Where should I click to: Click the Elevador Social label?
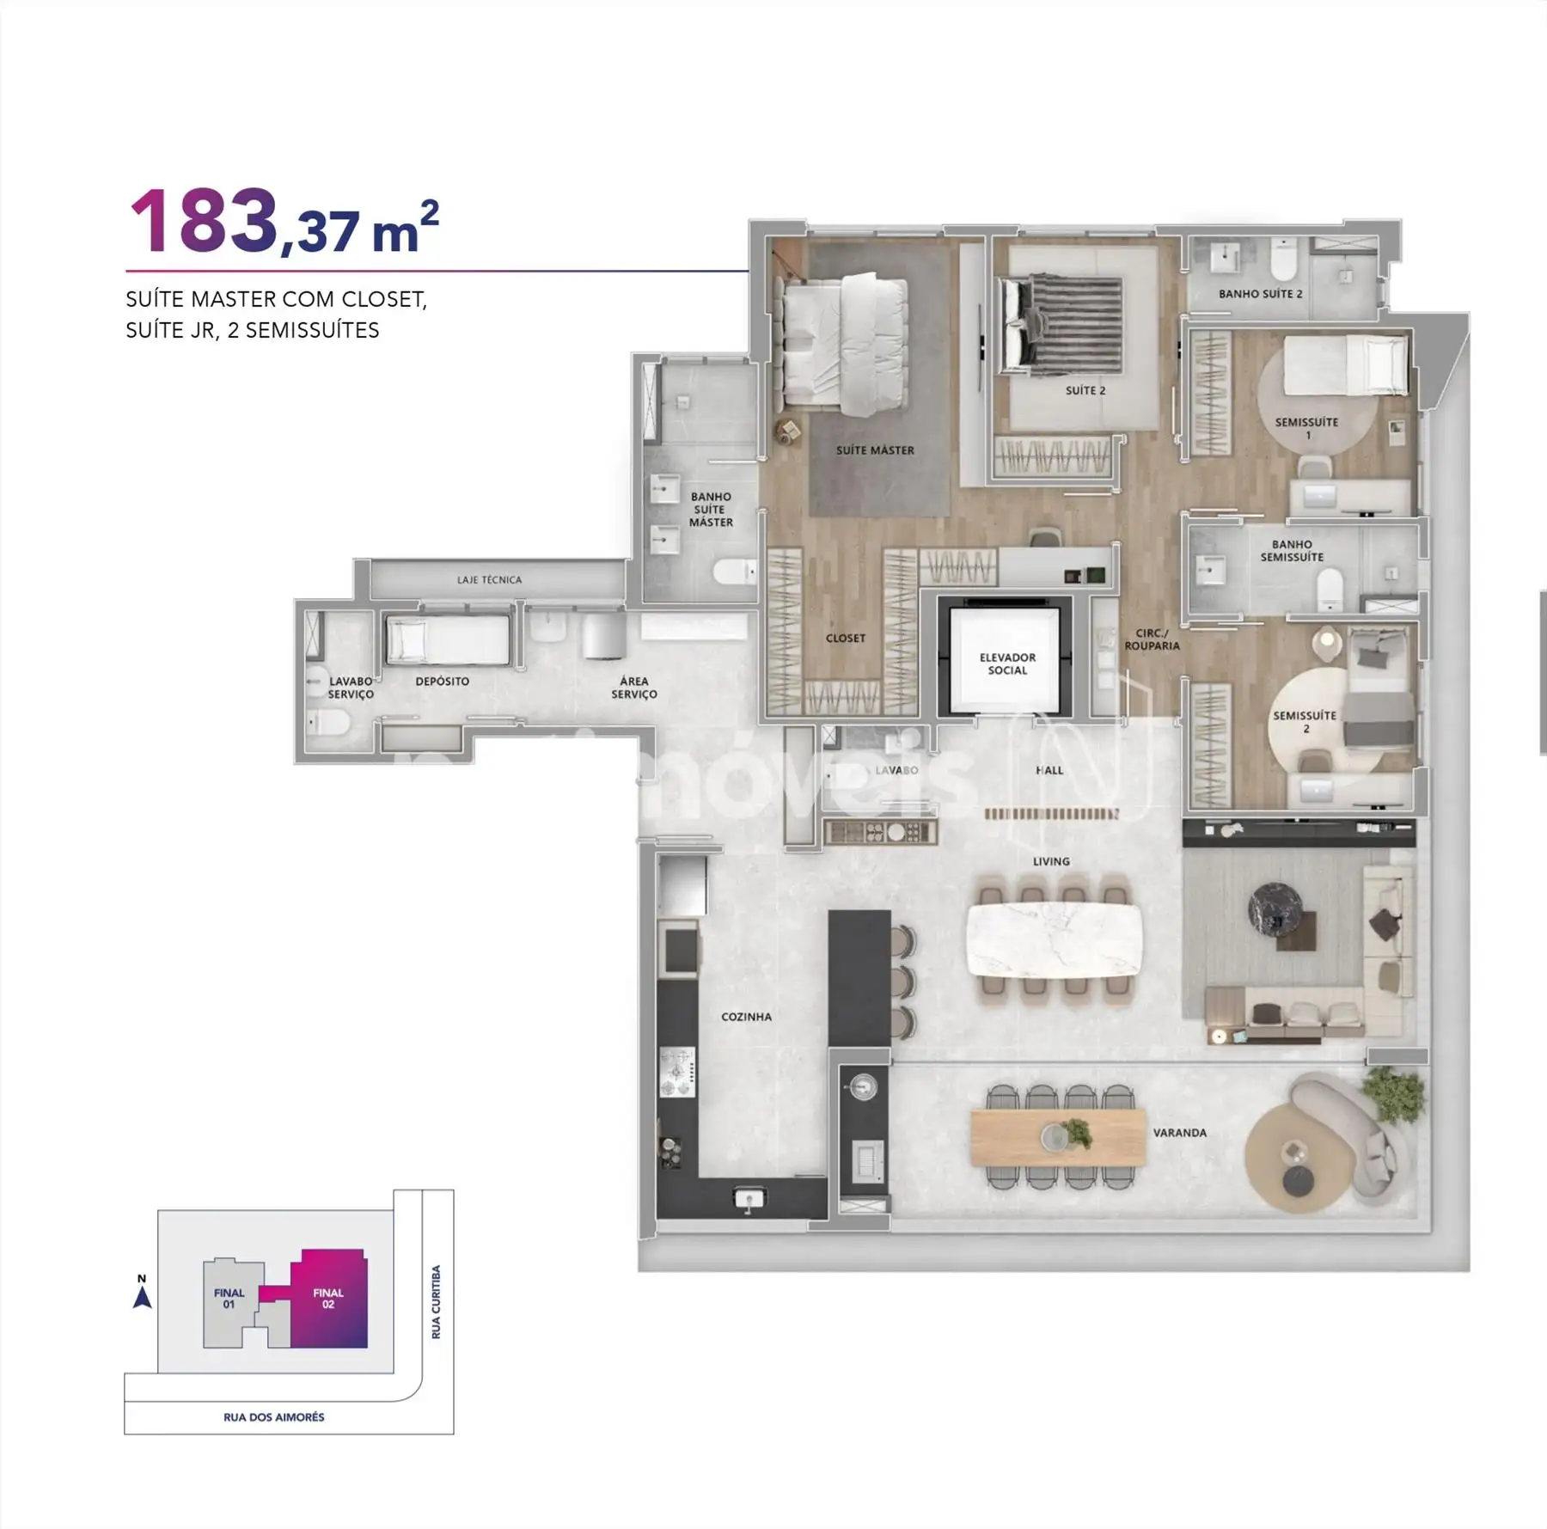[x=1007, y=664]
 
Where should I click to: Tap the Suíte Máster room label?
[x=875, y=450]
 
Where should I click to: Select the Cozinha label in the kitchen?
[x=746, y=1017]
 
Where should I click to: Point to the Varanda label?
[x=1179, y=1133]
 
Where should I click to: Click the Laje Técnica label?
[x=489, y=580]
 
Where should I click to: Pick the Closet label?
[x=846, y=638]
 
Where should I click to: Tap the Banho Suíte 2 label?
[x=1260, y=294]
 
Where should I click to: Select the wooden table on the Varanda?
[x=1058, y=1137]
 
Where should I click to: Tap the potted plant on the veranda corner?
[x=1392, y=1094]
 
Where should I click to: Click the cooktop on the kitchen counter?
[x=676, y=1072]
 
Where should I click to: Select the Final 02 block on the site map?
[x=328, y=1298]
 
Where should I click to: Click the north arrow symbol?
[x=143, y=1296]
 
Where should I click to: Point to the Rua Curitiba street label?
[x=436, y=1302]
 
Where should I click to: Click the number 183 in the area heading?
[x=203, y=222]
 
